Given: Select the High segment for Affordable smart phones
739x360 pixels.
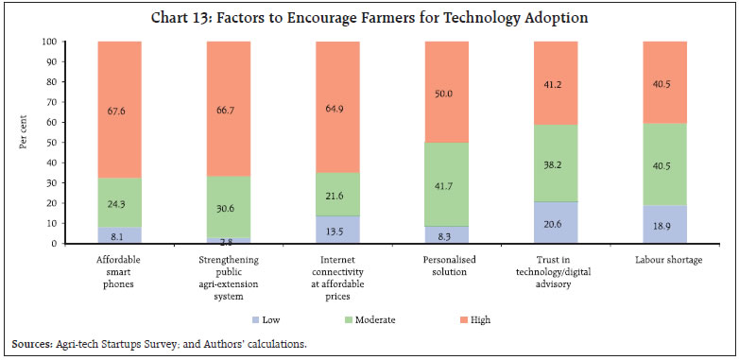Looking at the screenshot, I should (120, 110).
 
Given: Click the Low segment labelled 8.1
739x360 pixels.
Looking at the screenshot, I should (120, 235).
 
